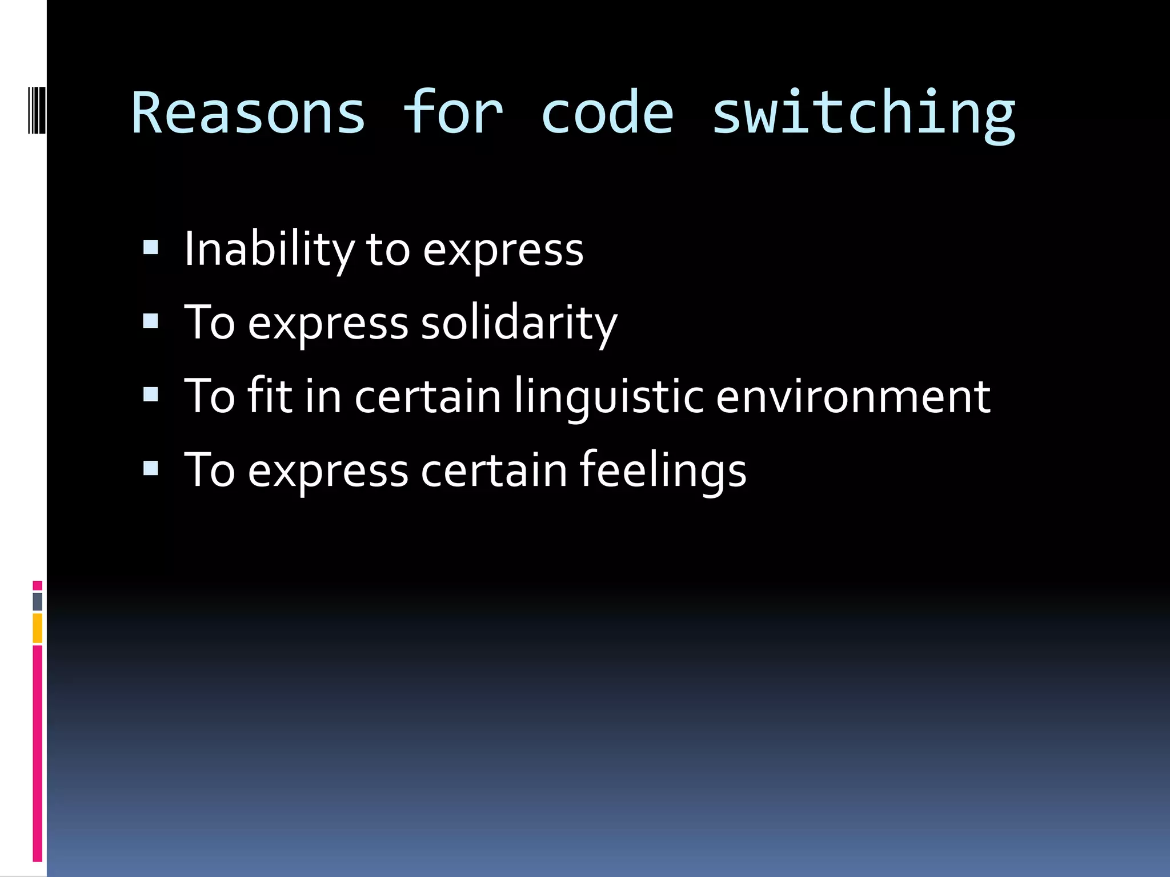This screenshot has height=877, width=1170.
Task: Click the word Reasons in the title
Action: point(248,113)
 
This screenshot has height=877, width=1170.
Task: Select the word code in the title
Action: point(607,113)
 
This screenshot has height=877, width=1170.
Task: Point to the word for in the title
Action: point(452,113)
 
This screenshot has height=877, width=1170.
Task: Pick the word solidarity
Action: point(519,323)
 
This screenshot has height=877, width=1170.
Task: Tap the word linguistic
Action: point(608,397)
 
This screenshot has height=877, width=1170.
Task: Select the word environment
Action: point(853,397)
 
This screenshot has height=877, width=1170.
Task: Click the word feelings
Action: point(663,470)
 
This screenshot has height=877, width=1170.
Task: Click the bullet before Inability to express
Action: point(151,247)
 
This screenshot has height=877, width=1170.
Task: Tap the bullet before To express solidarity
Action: point(151,321)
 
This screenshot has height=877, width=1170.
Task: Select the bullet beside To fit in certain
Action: point(151,395)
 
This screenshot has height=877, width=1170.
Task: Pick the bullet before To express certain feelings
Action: point(151,468)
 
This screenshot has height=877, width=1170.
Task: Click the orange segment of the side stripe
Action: point(38,628)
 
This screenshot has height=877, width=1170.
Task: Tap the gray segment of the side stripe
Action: point(38,602)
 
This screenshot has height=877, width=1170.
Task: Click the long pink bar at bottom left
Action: point(38,754)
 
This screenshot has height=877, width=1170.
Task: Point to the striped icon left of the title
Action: point(37,109)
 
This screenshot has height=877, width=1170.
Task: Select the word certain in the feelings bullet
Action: point(494,470)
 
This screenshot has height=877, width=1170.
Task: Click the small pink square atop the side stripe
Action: point(38,586)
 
